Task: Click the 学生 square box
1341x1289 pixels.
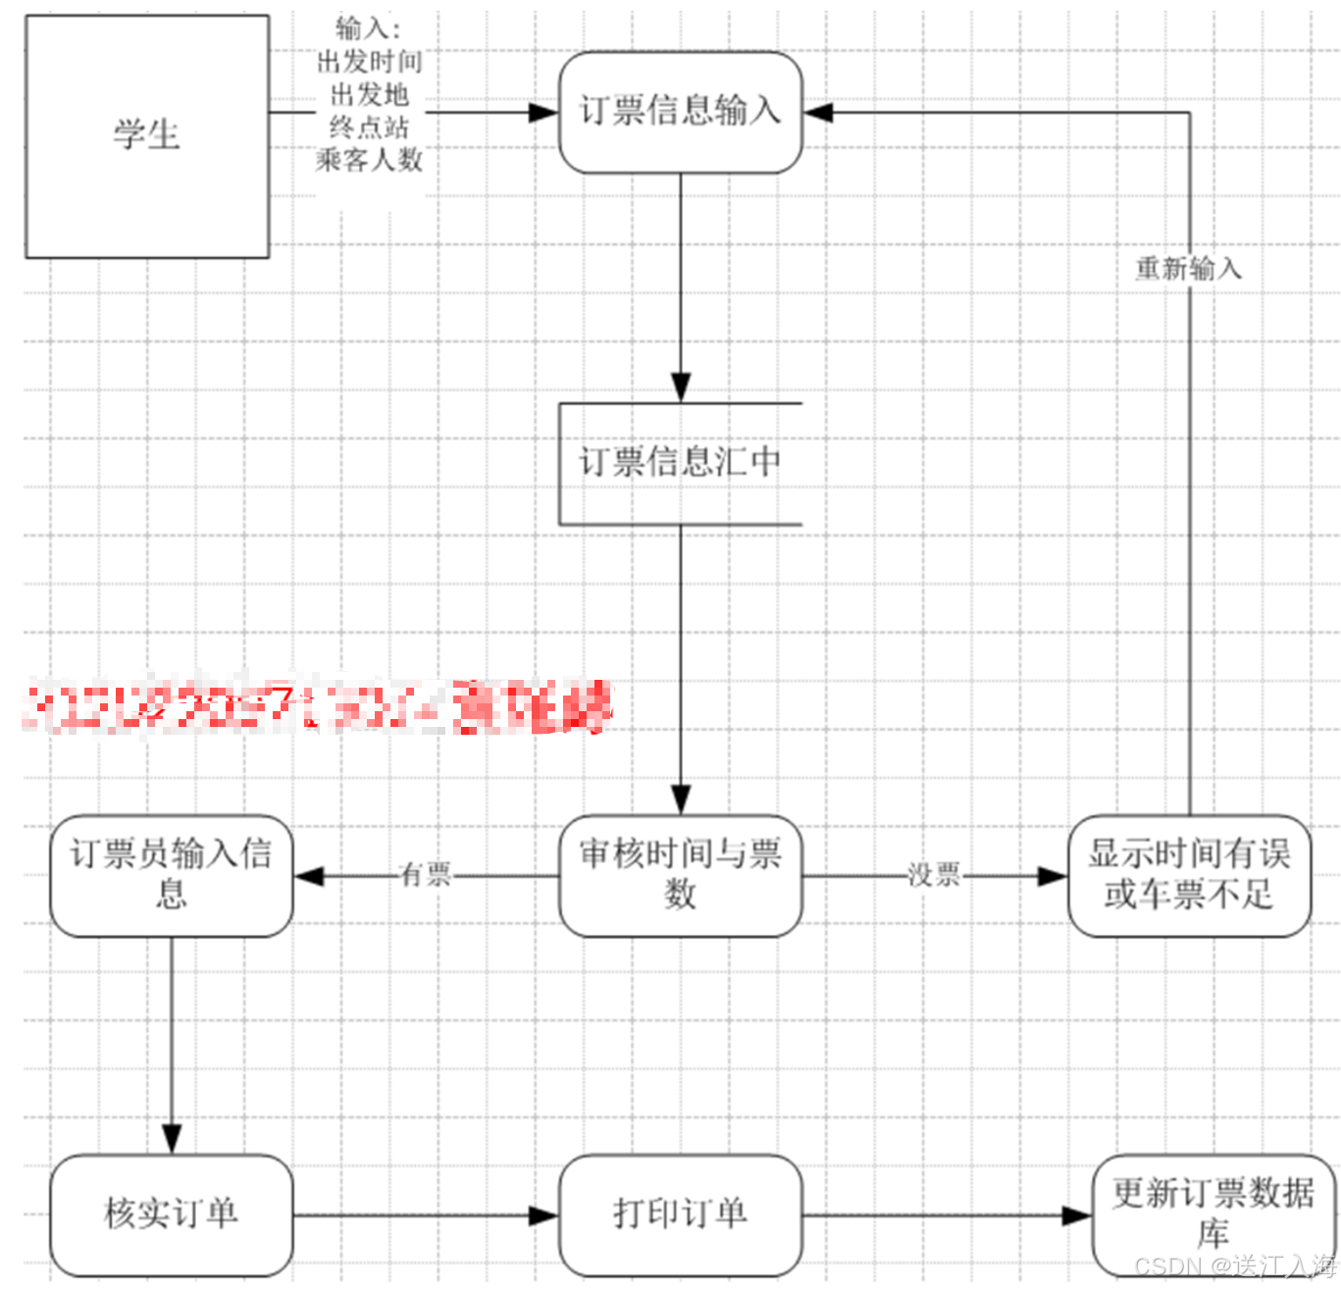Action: (x=147, y=136)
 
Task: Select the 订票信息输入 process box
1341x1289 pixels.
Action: (x=680, y=112)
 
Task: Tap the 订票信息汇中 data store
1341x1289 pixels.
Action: (x=680, y=463)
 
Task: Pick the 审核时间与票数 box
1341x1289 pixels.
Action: (x=680, y=875)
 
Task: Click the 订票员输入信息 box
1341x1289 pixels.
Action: (x=172, y=875)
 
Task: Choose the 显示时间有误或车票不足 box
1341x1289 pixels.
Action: (x=1189, y=875)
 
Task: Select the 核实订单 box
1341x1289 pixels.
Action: (x=172, y=1214)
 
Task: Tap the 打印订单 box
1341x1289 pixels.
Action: (x=680, y=1214)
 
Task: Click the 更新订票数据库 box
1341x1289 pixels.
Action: (x=1213, y=1214)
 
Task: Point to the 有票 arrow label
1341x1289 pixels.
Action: (x=426, y=875)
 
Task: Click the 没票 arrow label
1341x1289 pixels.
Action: (x=934, y=875)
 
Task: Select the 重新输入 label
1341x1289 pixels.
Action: (x=1189, y=268)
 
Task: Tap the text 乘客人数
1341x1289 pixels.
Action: (x=369, y=160)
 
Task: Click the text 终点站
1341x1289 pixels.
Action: (x=369, y=128)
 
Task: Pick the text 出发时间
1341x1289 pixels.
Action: (x=369, y=63)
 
